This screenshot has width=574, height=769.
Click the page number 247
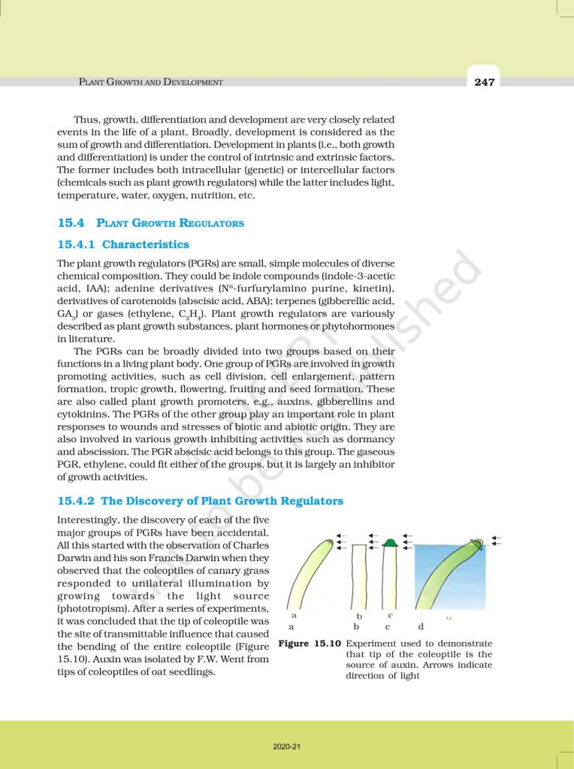tap(485, 82)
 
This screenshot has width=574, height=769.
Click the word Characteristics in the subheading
tap(146, 244)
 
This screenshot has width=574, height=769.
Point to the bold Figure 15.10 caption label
tap(310, 644)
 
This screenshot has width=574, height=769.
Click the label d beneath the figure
tap(420, 626)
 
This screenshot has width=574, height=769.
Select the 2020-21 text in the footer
tap(287, 746)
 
